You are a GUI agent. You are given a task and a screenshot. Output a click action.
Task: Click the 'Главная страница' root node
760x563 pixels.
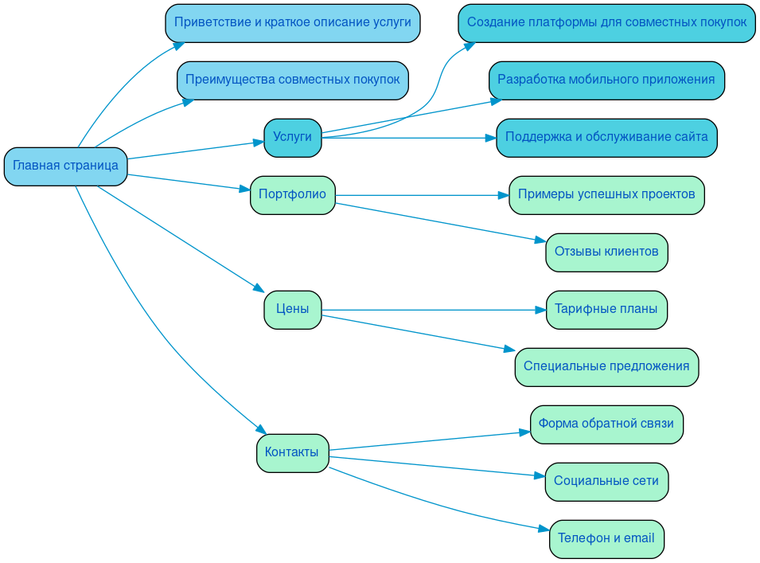click(x=65, y=166)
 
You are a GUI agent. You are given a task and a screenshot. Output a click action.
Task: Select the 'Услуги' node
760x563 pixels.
click(x=292, y=138)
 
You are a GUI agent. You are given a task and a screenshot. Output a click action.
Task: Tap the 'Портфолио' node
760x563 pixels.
click(x=292, y=195)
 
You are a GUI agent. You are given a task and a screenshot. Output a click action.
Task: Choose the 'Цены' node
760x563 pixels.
click(x=292, y=310)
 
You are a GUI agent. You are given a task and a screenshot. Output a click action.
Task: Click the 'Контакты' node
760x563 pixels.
click(x=292, y=453)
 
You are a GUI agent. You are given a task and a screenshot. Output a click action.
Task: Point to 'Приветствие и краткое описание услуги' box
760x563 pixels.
click(x=292, y=23)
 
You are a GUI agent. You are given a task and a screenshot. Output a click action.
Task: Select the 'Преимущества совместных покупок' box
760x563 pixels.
click(x=292, y=80)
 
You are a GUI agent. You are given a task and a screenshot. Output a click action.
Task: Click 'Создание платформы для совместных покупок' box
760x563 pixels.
click(x=606, y=23)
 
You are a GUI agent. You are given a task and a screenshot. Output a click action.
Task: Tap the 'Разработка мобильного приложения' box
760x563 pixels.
click(x=606, y=80)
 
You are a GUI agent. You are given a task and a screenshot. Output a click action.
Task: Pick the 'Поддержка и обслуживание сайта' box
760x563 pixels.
click(x=606, y=138)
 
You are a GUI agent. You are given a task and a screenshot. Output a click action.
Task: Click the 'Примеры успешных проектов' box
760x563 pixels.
click(x=606, y=195)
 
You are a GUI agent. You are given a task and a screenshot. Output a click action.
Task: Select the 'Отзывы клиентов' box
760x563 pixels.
click(x=606, y=252)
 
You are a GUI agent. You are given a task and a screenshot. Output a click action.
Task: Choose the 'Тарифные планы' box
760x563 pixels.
click(x=606, y=310)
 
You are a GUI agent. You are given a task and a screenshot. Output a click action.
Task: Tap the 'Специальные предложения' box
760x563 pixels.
click(x=606, y=367)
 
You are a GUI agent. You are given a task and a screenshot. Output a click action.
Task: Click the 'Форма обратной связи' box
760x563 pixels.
click(x=606, y=424)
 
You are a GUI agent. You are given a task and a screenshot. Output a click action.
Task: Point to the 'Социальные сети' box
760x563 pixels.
click(x=606, y=482)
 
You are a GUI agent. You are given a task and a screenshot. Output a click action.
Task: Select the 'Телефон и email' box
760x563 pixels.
click(x=606, y=539)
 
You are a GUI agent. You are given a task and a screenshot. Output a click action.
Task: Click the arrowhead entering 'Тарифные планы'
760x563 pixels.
click(x=540, y=310)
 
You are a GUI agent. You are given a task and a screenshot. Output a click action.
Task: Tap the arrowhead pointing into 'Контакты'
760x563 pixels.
click(x=261, y=430)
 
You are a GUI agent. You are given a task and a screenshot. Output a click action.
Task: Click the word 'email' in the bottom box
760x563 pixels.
click(x=638, y=539)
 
